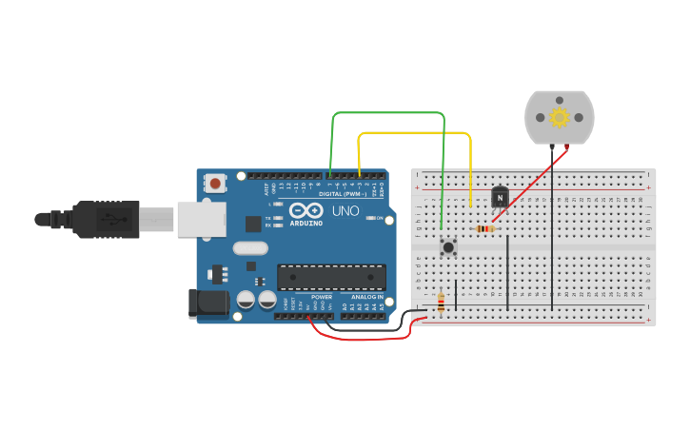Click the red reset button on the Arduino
click(216, 183)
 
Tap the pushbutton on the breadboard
click(448, 247)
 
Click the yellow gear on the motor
click(560, 117)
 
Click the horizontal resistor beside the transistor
click(485, 228)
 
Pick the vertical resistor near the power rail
click(441, 303)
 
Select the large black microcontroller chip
click(331, 277)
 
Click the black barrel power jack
click(209, 303)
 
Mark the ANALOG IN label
click(366, 297)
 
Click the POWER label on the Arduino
click(323, 297)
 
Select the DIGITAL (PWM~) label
click(343, 194)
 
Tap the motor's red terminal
click(568, 146)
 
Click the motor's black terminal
click(551, 146)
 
